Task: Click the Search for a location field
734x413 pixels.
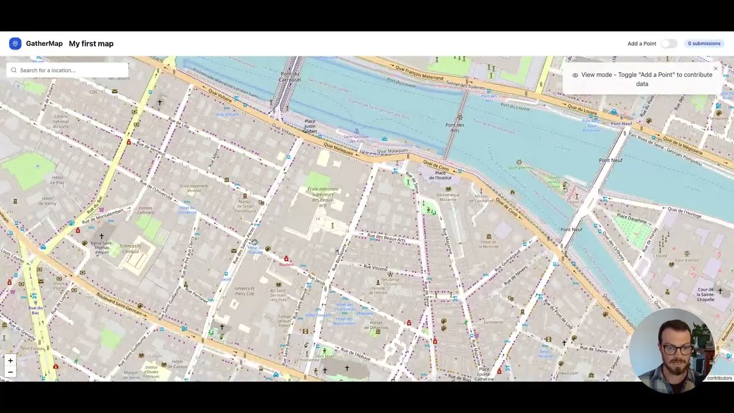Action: pyautogui.click(x=68, y=71)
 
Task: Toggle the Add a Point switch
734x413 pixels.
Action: pyautogui.click(x=668, y=44)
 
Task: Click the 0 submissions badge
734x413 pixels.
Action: pyautogui.click(x=704, y=44)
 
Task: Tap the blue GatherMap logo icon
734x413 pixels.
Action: pyautogui.click(x=15, y=44)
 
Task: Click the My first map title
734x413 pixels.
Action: pyautogui.click(x=91, y=44)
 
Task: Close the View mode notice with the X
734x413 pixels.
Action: pyautogui.click(x=715, y=69)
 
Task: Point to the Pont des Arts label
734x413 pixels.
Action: pyautogui.click(x=455, y=127)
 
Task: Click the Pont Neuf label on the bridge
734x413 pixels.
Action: pyautogui.click(x=611, y=160)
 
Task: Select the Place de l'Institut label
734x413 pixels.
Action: pyautogui.click(x=440, y=175)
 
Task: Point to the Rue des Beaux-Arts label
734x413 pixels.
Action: pyautogui.click(x=386, y=237)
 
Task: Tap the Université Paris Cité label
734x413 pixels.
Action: pyautogui.click(x=244, y=291)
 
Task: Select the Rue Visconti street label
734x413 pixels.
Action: pyautogui.click(x=376, y=268)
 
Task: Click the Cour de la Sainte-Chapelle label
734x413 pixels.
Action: pyautogui.click(x=705, y=294)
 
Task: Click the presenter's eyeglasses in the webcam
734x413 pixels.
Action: pyautogui.click(x=677, y=349)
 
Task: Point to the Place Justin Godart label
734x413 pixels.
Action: pyautogui.click(x=310, y=126)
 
